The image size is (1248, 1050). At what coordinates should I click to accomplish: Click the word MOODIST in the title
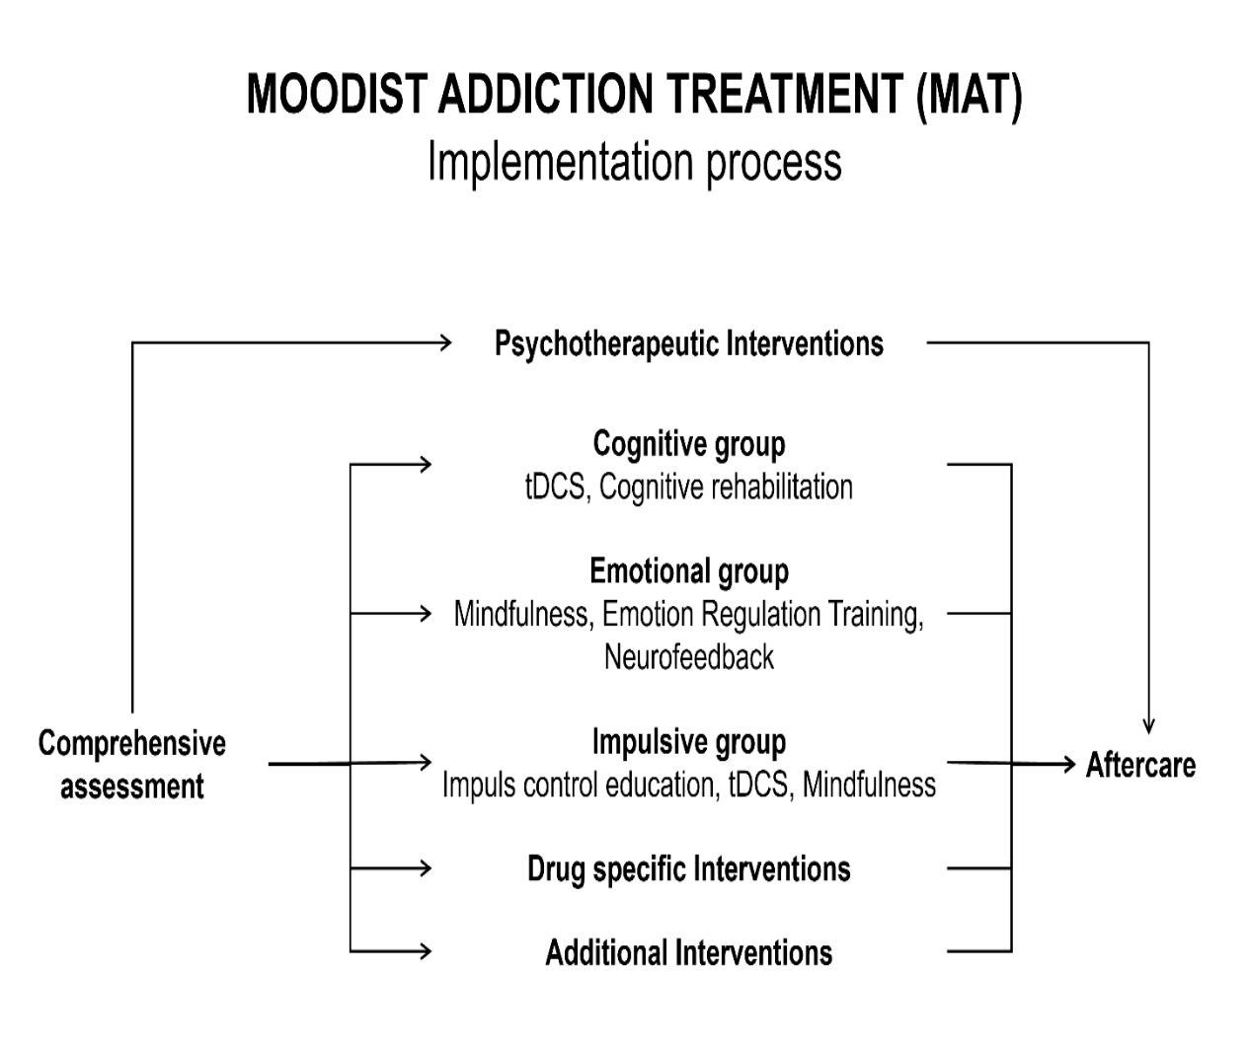pyautogui.click(x=337, y=94)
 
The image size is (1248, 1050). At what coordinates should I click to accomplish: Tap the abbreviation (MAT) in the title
pyautogui.click(x=969, y=96)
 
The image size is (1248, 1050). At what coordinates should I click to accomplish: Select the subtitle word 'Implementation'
pyautogui.click(x=561, y=163)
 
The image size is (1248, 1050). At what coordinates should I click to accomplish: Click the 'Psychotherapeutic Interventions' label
pyautogui.click(x=688, y=344)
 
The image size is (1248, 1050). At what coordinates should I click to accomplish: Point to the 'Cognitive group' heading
pyautogui.click(x=688, y=445)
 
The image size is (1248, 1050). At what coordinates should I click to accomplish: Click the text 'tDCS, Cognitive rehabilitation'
pyautogui.click(x=688, y=487)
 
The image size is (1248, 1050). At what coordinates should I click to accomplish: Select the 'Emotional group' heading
pyautogui.click(x=688, y=572)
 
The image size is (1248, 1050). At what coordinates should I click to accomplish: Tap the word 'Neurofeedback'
pyautogui.click(x=688, y=657)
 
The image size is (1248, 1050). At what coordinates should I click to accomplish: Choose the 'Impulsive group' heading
pyautogui.click(x=688, y=742)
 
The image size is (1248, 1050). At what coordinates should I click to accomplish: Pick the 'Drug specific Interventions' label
pyautogui.click(x=688, y=869)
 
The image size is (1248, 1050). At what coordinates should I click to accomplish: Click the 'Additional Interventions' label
pyautogui.click(x=688, y=952)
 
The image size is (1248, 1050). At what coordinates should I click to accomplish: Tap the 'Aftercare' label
pyautogui.click(x=1140, y=765)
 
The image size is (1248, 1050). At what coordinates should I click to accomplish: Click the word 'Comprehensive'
pyautogui.click(x=132, y=744)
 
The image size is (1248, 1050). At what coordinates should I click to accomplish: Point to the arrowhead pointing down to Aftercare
pyautogui.click(x=1148, y=726)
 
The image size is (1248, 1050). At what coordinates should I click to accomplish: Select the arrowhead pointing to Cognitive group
pyautogui.click(x=426, y=465)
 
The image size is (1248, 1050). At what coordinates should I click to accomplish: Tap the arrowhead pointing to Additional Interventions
pyautogui.click(x=426, y=950)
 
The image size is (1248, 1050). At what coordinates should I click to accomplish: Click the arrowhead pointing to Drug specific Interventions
pyautogui.click(x=426, y=867)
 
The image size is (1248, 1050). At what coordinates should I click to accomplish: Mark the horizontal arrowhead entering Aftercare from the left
pyautogui.click(x=1069, y=764)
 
